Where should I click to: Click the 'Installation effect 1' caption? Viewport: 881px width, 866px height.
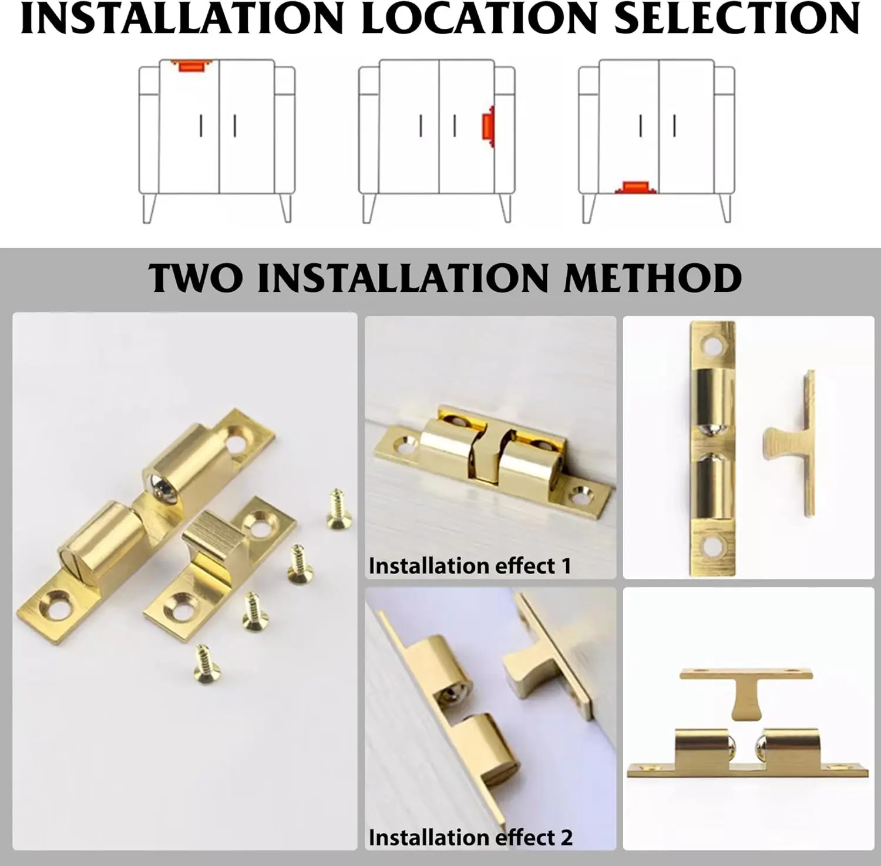469,566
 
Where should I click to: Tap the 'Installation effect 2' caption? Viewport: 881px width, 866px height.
470,837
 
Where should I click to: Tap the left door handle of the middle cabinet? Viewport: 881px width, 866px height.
421,126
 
